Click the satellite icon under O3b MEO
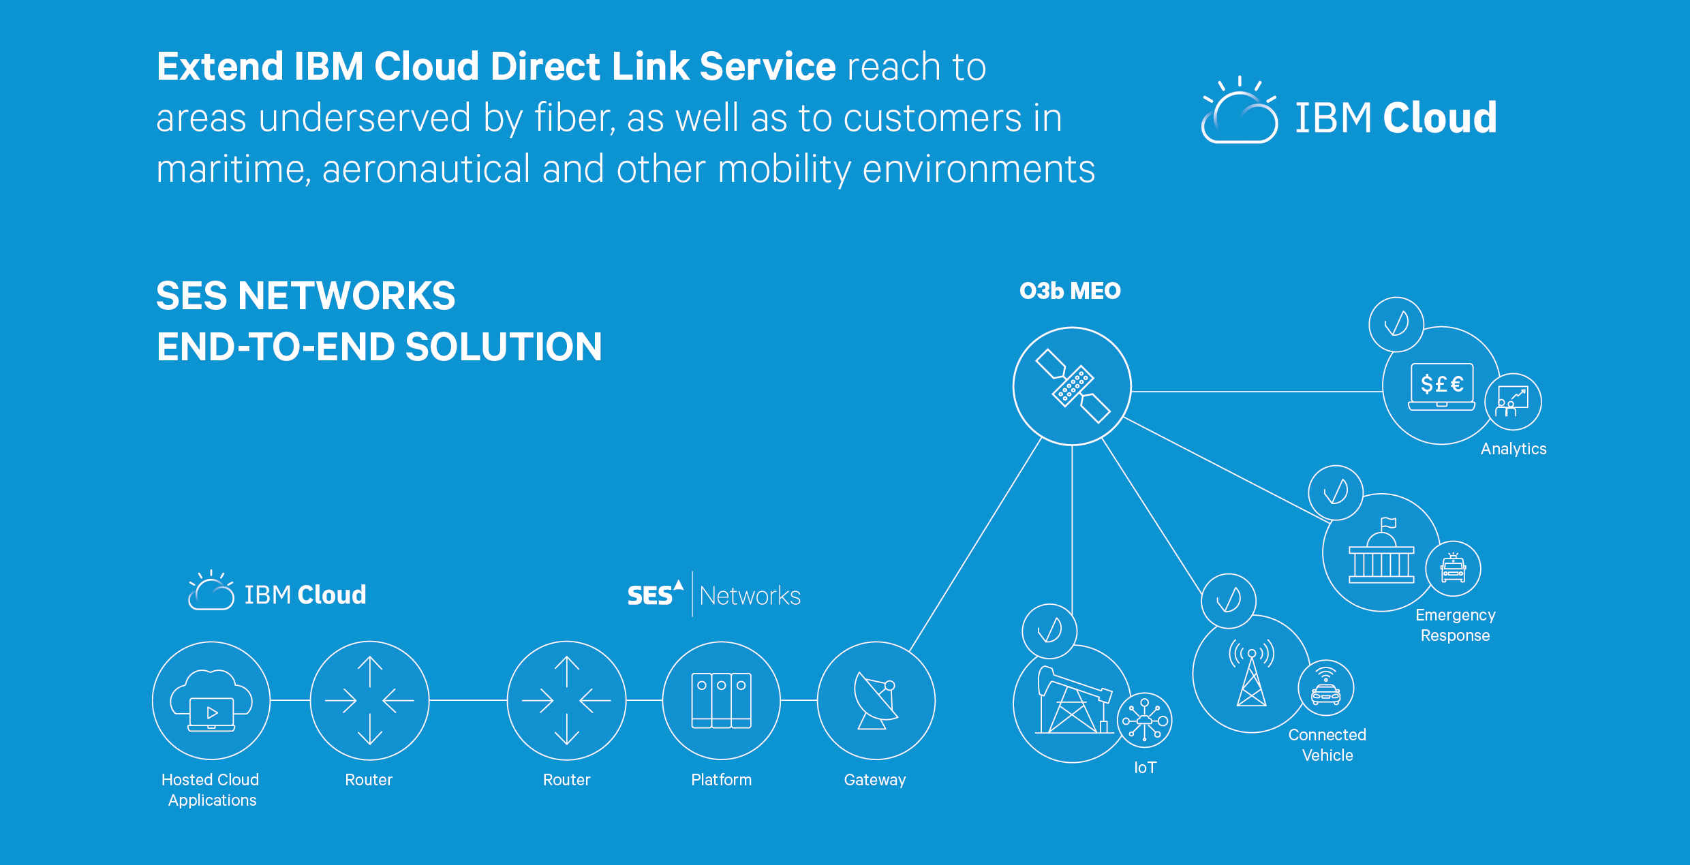click(1073, 386)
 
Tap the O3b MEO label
click(1070, 292)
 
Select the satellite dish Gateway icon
click(876, 701)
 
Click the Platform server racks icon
click(721, 701)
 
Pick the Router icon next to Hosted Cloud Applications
click(369, 700)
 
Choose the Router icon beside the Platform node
click(566, 700)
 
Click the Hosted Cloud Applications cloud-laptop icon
click(211, 701)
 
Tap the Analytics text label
click(1513, 449)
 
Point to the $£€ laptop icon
click(1441, 386)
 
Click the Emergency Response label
click(1455, 625)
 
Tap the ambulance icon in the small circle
click(1453, 569)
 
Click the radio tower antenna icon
click(1251, 674)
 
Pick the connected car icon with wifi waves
click(1325, 688)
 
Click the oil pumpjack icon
click(1071, 702)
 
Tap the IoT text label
click(1145, 768)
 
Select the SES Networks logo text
click(713, 595)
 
